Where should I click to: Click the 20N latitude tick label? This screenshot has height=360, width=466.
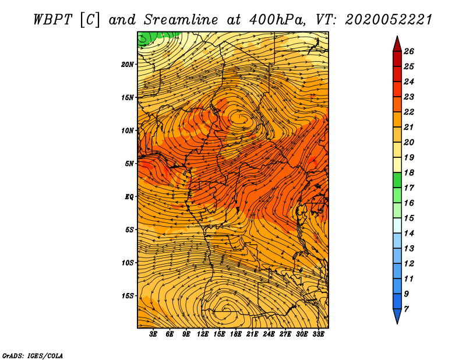(128, 65)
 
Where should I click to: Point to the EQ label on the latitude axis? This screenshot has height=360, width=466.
(129, 197)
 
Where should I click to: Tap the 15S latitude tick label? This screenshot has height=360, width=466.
(128, 296)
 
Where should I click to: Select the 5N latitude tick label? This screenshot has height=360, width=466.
(129, 164)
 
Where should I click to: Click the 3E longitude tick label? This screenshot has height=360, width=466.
(153, 334)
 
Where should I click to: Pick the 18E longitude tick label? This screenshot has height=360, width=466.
(236, 334)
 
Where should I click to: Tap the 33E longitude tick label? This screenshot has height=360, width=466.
(318, 334)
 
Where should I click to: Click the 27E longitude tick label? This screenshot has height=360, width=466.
(285, 334)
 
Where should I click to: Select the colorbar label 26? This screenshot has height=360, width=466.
(409, 51)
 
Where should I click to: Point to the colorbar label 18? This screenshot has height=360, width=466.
(409, 172)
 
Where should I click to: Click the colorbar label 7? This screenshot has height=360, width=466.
(407, 309)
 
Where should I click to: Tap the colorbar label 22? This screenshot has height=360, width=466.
(409, 112)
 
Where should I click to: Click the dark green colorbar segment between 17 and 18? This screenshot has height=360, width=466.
(397, 180)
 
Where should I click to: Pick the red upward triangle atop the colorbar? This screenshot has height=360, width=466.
(397, 45)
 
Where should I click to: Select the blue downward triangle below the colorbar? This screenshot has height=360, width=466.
(397, 315)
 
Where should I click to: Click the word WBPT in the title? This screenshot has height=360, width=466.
(53, 20)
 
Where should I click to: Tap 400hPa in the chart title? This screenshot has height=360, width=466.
(277, 20)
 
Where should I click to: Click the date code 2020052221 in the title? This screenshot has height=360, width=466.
(388, 20)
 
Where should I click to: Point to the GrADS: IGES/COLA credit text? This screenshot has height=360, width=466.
(33, 356)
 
